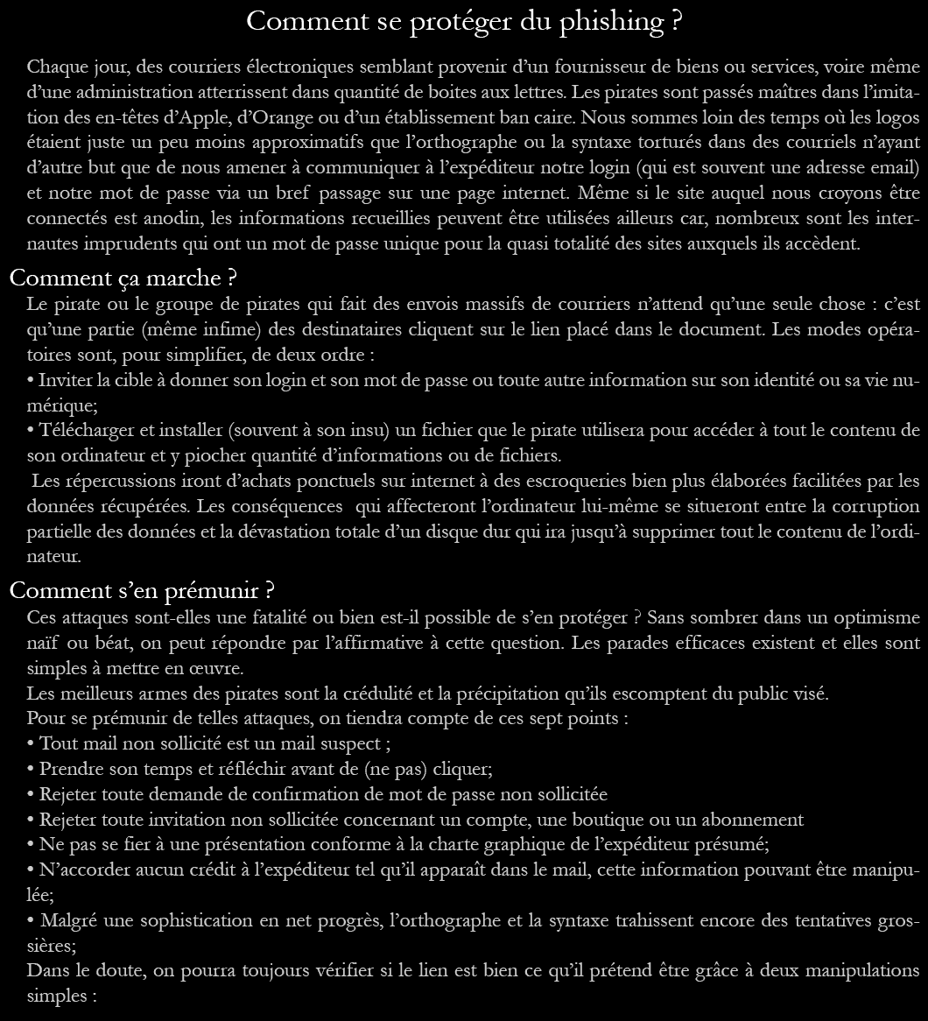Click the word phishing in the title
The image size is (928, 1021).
tap(612, 21)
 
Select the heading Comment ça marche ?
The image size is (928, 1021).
tap(123, 278)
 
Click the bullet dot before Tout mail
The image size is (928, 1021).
tap(31, 744)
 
